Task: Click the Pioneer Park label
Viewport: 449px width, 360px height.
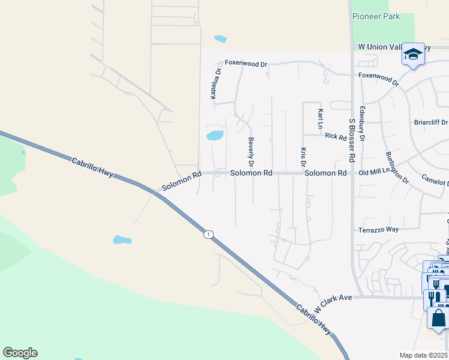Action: point(376,17)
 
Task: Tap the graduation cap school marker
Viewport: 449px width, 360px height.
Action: point(412,55)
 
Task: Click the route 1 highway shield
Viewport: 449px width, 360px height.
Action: point(208,234)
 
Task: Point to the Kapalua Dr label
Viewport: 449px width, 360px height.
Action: point(212,83)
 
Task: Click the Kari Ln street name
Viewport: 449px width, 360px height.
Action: point(321,118)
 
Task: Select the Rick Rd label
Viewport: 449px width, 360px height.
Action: point(336,136)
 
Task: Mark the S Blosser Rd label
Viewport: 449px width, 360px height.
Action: point(352,140)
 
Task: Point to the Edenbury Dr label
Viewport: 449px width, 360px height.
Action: point(362,125)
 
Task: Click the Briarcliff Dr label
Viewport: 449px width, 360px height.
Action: point(431,122)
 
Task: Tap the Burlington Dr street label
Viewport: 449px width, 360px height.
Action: point(397,167)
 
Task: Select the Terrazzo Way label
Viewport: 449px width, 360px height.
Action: point(379,230)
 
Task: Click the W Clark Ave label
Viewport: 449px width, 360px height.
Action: point(332,303)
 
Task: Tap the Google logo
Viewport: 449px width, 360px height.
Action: point(20,353)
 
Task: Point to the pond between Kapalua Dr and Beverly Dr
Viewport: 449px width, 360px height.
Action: point(215,135)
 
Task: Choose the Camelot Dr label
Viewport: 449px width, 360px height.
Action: point(435,181)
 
